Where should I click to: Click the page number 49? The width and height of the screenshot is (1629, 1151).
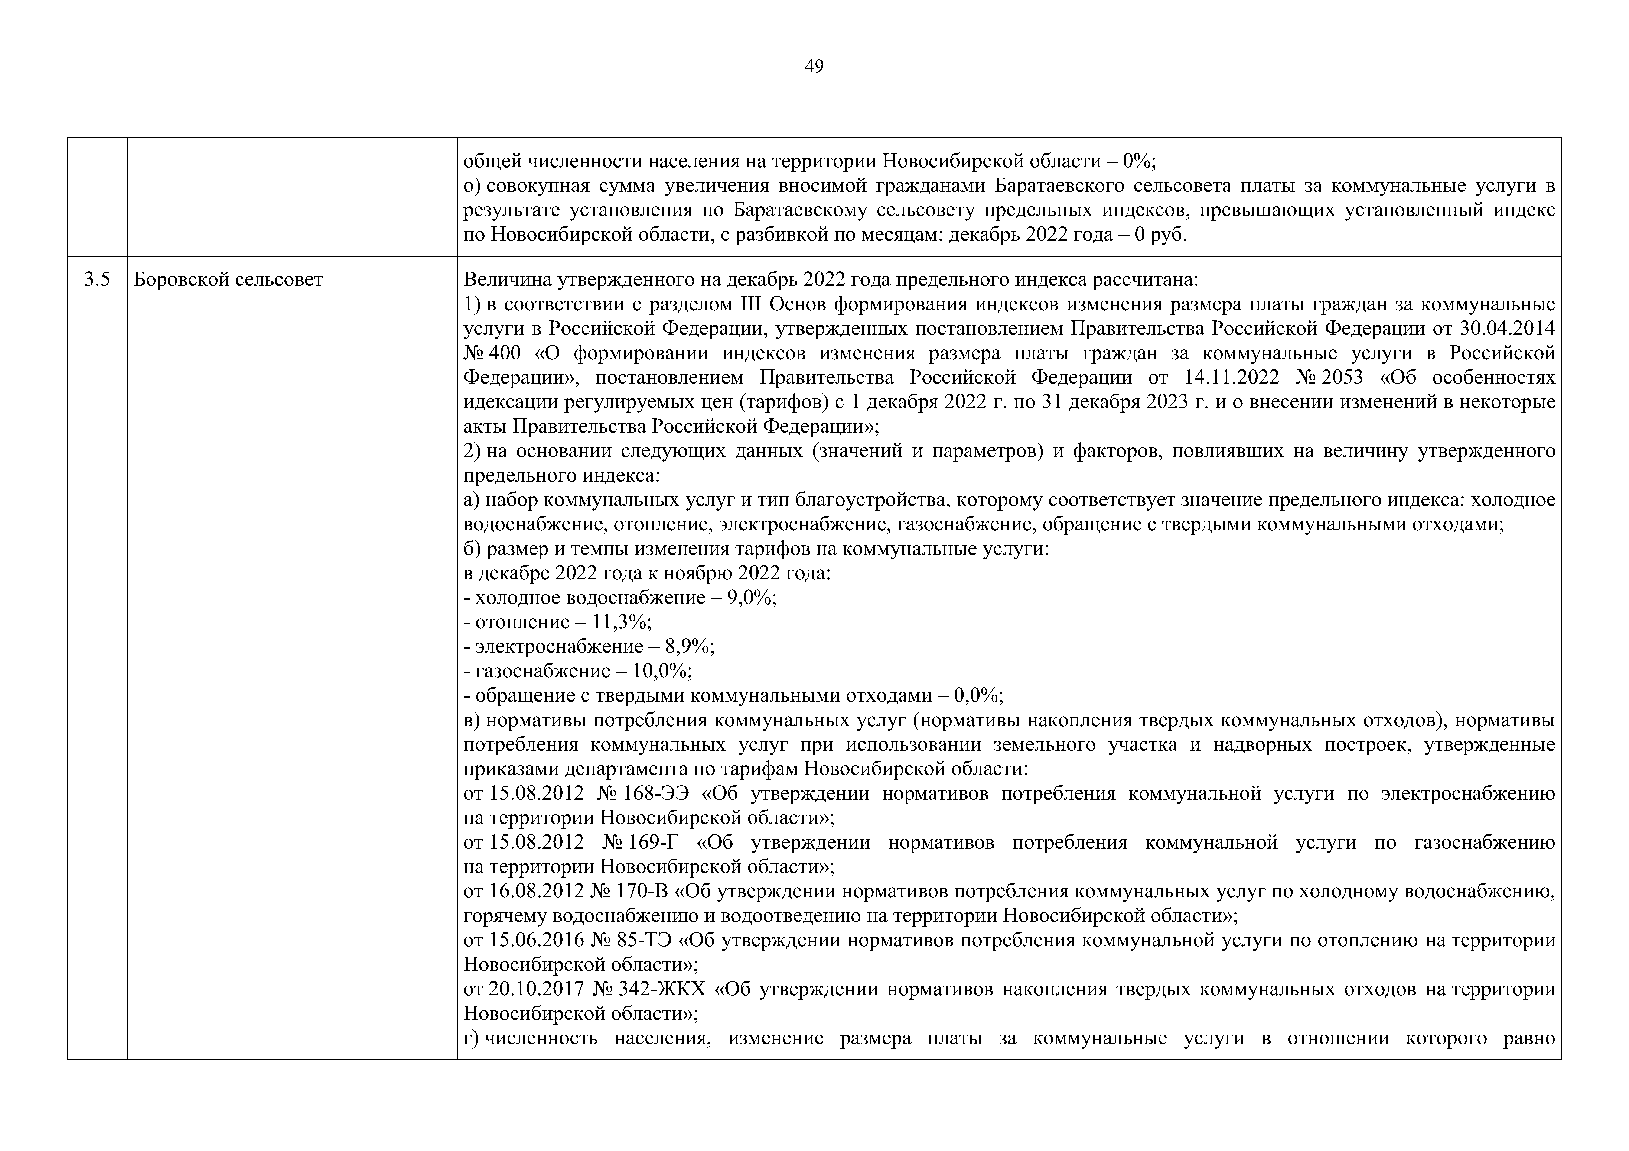pos(814,67)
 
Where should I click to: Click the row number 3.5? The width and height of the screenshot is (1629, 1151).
pos(97,280)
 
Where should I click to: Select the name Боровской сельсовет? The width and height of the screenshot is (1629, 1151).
pos(228,280)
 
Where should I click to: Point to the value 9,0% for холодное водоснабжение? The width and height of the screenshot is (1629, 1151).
pos(751,598)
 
